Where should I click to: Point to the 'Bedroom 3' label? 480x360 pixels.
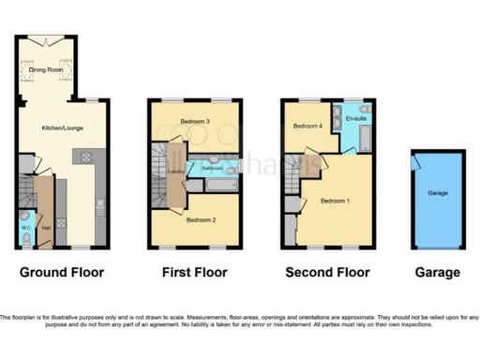coord(194,121)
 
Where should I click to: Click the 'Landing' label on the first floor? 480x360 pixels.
coord(174,171)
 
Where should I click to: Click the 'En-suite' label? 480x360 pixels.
coord(355,119)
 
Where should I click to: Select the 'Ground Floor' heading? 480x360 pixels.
coord(62,273)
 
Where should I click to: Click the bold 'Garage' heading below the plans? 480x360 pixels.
coord(438,273)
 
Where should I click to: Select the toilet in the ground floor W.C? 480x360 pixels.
coord(25,238)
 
